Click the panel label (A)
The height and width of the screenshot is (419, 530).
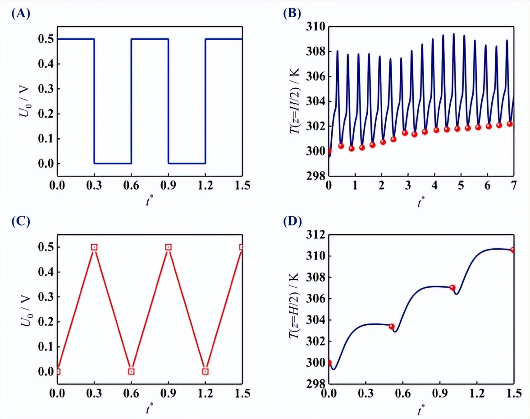[x=21, y=14]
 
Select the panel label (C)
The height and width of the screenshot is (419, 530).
[x=21, y=222]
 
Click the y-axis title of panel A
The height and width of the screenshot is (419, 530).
[x=23, y=101]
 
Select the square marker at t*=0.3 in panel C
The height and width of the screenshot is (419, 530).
[x=94, y=247]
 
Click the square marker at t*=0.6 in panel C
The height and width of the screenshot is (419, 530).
[x=131, y=371]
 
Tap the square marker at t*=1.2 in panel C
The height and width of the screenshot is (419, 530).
[x=206, y=371]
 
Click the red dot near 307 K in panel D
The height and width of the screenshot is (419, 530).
[x=452, y=287]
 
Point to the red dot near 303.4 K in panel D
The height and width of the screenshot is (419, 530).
[x=391, y=326]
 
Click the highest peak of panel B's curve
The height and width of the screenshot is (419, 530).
[x=453, y=34]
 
